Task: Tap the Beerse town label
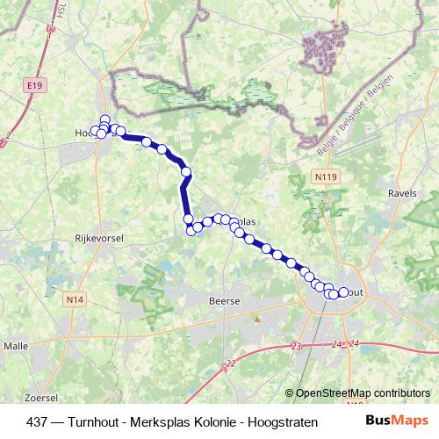click(x=223, y=300)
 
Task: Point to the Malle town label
click(x=16, y=346)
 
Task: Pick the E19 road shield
click(x=34, y=85)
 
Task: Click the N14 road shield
click(x=76, y=300)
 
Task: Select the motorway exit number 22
click(x=230, y=363)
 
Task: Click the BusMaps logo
click(x=397, y=420)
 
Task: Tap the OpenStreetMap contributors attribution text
click(x=363, y=392)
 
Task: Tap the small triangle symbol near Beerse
click(x=256, y=318)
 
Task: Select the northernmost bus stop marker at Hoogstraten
click(x=105, y=119)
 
